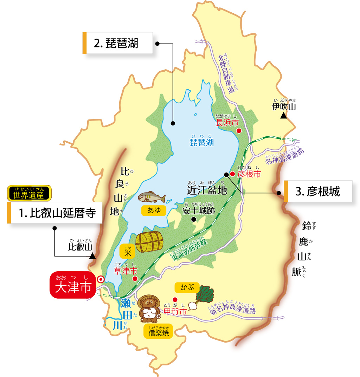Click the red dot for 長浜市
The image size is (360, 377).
click(x=239, y=131)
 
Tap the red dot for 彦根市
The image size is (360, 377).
click(x=232, y=174)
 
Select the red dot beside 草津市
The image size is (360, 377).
click(x=135, y=279)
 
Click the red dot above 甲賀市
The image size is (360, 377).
click(x=175, y=300)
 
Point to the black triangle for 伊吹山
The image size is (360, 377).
click(x=283, y=115)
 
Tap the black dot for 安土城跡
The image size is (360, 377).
click(x=193, y=220)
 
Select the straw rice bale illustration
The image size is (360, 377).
click(x=149, y=242)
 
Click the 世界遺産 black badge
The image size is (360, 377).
click(x=29, y=193)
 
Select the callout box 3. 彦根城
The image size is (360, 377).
click(x=318, y=191)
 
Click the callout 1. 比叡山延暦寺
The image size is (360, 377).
click(x=54, y=213)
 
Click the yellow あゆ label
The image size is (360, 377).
click(x=154, y=210)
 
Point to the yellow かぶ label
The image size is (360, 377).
click(x=187, y=287)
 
